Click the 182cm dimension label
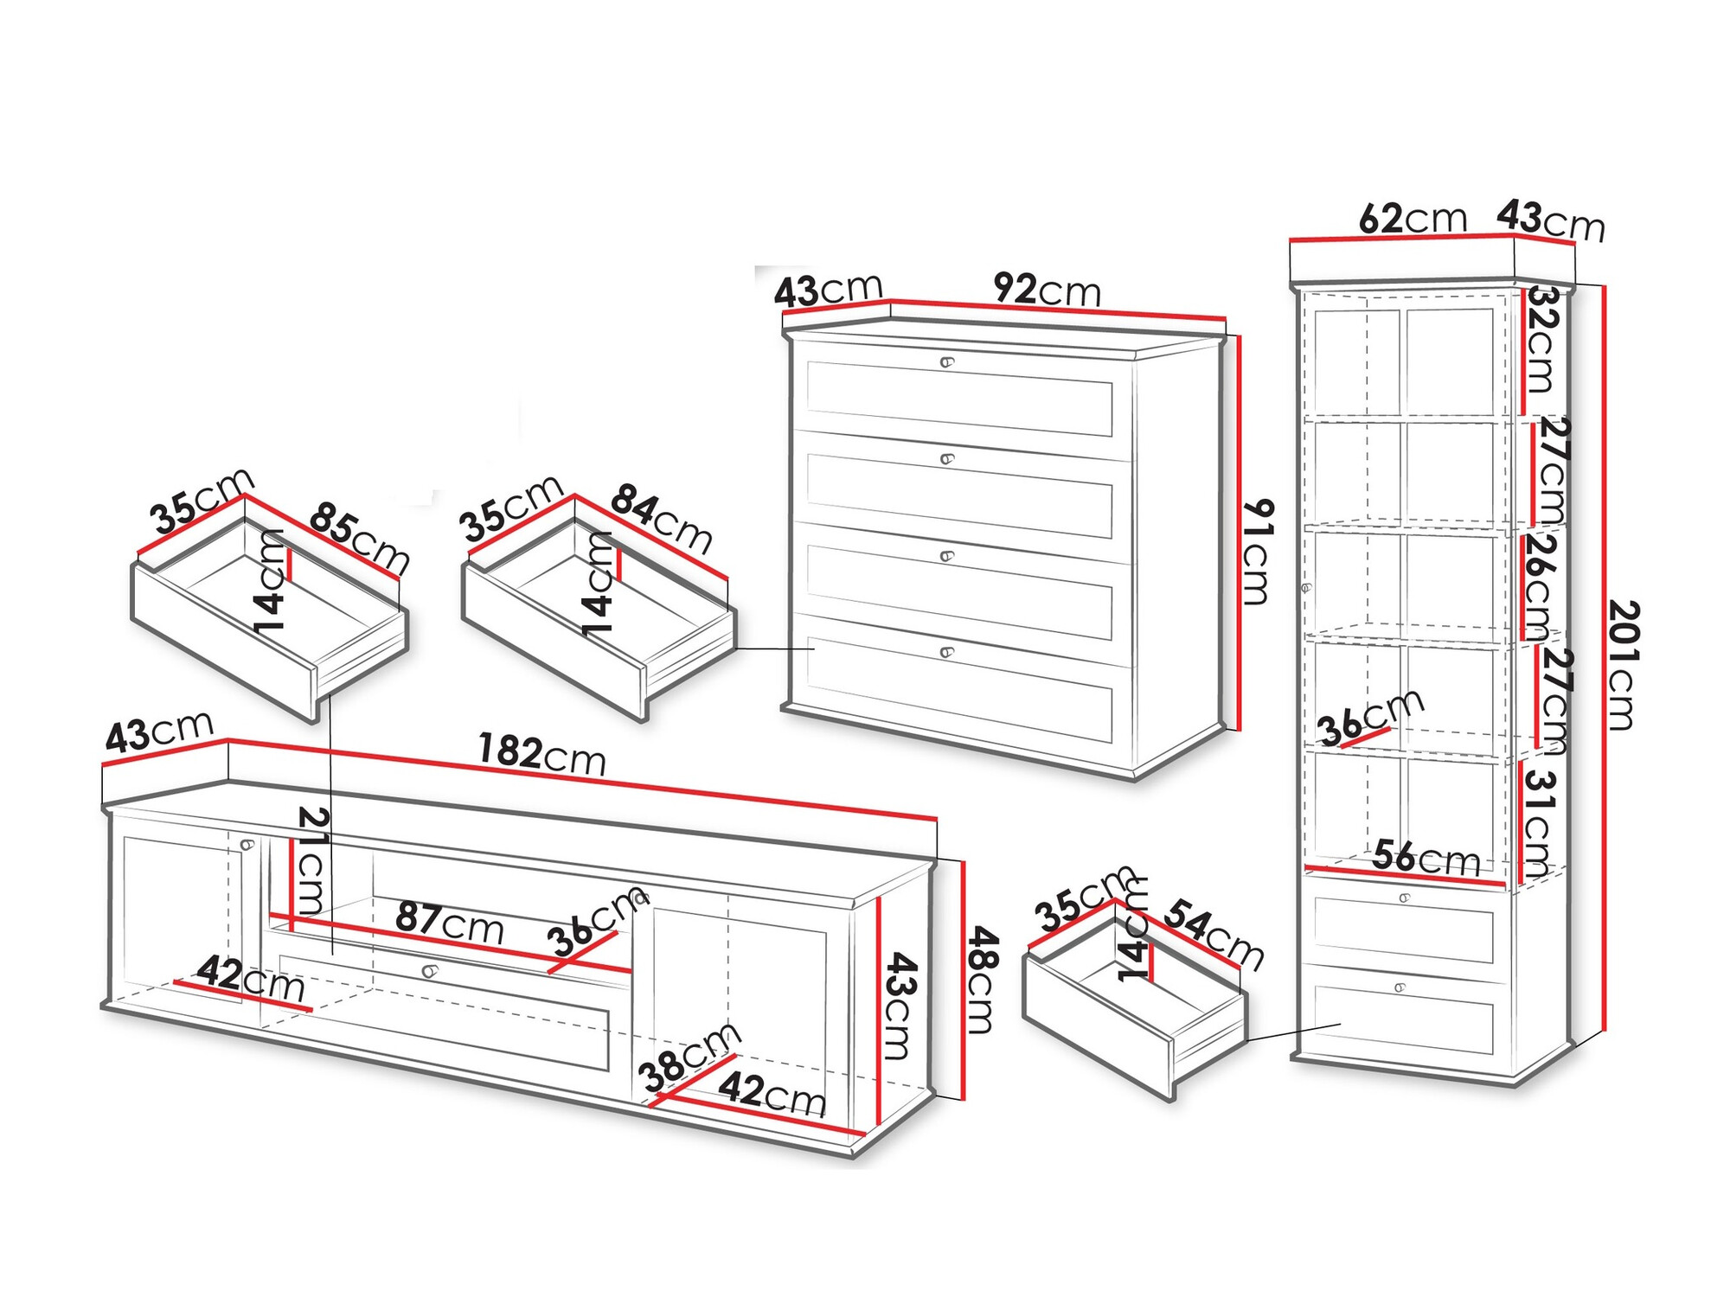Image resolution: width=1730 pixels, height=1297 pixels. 541,754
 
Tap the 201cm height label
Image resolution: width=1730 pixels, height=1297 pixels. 1623,666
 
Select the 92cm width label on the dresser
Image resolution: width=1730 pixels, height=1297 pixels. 1047,289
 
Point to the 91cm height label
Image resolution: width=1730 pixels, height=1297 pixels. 1257,551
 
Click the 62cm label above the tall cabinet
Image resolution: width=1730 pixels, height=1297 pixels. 1413,219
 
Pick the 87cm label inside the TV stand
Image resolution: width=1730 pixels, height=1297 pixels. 450,923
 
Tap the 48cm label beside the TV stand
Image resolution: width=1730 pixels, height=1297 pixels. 982,979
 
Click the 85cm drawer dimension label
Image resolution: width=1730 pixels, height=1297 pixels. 359,537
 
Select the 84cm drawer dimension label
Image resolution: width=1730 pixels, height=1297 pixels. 662,518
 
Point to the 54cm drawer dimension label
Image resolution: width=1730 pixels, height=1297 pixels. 1214,934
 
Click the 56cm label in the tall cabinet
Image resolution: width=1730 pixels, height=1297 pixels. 1426,858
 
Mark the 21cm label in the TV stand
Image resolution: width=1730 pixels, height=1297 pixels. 311,859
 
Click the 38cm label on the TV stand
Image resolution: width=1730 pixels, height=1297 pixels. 689,1057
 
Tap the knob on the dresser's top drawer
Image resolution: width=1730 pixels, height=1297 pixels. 947,362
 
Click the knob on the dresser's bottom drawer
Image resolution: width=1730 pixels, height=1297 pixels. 947,652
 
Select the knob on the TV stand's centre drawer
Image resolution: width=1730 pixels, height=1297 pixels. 429,971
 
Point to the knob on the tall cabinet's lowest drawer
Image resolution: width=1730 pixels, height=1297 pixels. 1401,987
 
